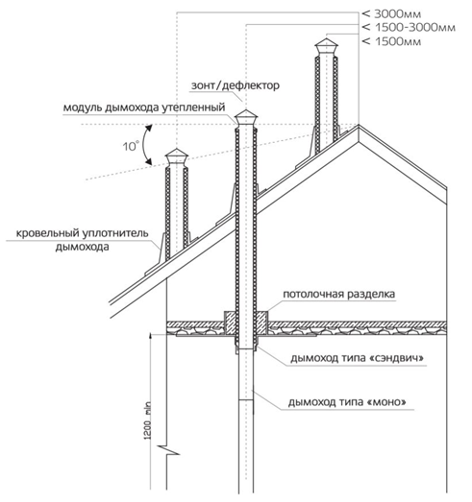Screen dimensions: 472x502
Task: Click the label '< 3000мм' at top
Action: (391, 14)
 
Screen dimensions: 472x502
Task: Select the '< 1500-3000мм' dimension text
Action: (409, 28)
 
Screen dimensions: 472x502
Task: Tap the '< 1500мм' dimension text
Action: (391, 41)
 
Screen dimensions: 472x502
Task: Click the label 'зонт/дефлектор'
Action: (236, 85)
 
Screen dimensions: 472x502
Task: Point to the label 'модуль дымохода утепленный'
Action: (144, 108)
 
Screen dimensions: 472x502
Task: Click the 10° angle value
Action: (131, 146)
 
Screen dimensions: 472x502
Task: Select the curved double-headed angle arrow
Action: (144, 145)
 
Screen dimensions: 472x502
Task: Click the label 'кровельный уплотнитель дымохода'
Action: (82, 239)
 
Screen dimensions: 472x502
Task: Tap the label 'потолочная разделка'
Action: (339, 294)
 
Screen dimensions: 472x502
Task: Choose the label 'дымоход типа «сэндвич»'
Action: (358, 358)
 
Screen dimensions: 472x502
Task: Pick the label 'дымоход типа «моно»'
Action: (347, 402)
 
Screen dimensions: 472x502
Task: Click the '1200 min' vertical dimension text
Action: (147, 420)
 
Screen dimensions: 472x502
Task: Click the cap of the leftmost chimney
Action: (177, 157)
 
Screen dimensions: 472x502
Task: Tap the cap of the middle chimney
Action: (246, 118)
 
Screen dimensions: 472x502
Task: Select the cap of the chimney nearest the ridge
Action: (327, 47)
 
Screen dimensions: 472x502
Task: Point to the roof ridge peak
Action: (359, 125)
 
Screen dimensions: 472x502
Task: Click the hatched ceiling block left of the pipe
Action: (229, 323)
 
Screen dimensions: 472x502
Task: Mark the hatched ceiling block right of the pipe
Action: (262, 323)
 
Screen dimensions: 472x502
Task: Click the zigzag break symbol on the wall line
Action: (167, 450)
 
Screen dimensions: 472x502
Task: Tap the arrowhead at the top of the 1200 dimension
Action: (151, 334)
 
